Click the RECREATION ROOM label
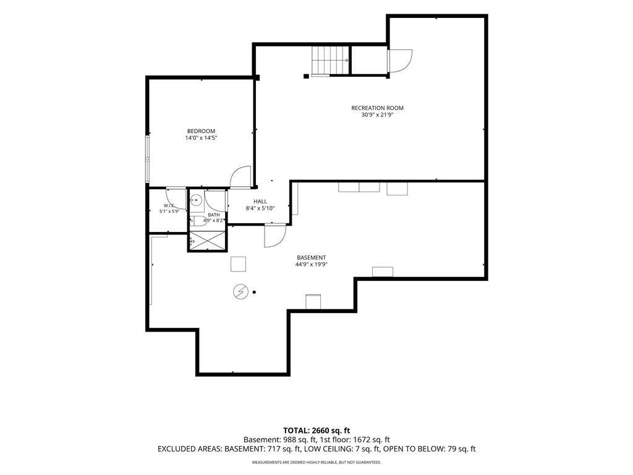coord(377,108)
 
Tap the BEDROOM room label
coord(201,131)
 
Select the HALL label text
coord(260,202)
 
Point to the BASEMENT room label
coord(312,258)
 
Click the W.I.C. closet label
coord(169,205)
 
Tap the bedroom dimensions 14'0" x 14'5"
coord(202,138)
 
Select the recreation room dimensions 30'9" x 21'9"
coord(377,114)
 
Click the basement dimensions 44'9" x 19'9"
coord(312,265)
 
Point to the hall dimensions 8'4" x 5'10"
coord(260,208)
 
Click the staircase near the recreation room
coord(330,60)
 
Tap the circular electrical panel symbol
coord(240,292)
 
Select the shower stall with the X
coord(206,241)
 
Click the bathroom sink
coord(197,200)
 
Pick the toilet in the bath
coord(198,221)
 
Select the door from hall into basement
coord(275,236)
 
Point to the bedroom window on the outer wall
coord(148,160)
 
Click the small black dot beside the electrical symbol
coord(254,292)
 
